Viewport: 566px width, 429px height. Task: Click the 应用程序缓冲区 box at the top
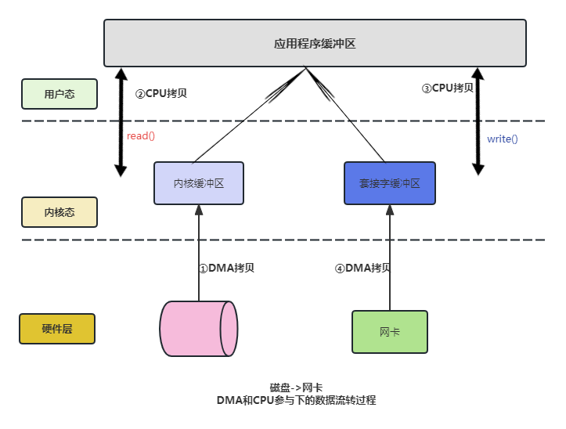coord(315,43)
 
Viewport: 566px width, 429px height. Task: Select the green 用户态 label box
coord(59,94)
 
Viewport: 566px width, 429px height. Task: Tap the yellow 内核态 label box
coord(59,212)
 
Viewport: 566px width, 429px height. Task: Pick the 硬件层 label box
coord(57,329)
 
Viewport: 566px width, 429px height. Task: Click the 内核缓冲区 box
coord(199,183)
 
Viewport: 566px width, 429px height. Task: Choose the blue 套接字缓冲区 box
coord(390,183)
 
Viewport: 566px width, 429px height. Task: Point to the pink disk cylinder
coord(198,329)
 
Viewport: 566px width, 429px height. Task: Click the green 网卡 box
coord(390,332)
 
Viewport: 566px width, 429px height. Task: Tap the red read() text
coord(141,136)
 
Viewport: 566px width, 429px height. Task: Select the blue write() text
coord(503,139)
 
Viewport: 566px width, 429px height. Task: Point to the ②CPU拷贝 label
coord(161,93)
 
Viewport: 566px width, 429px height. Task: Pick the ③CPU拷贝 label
coord(448,88)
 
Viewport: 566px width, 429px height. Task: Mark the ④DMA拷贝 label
coord(362,268)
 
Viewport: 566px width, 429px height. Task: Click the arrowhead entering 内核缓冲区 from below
coord(199,210)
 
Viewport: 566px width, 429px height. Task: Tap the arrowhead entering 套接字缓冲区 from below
coord(390,210)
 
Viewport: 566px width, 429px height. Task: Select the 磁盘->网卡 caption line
coord(296,388)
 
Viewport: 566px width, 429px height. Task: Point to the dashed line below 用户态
coord(282,121)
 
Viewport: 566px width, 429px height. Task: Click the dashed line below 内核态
coord(282,240)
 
